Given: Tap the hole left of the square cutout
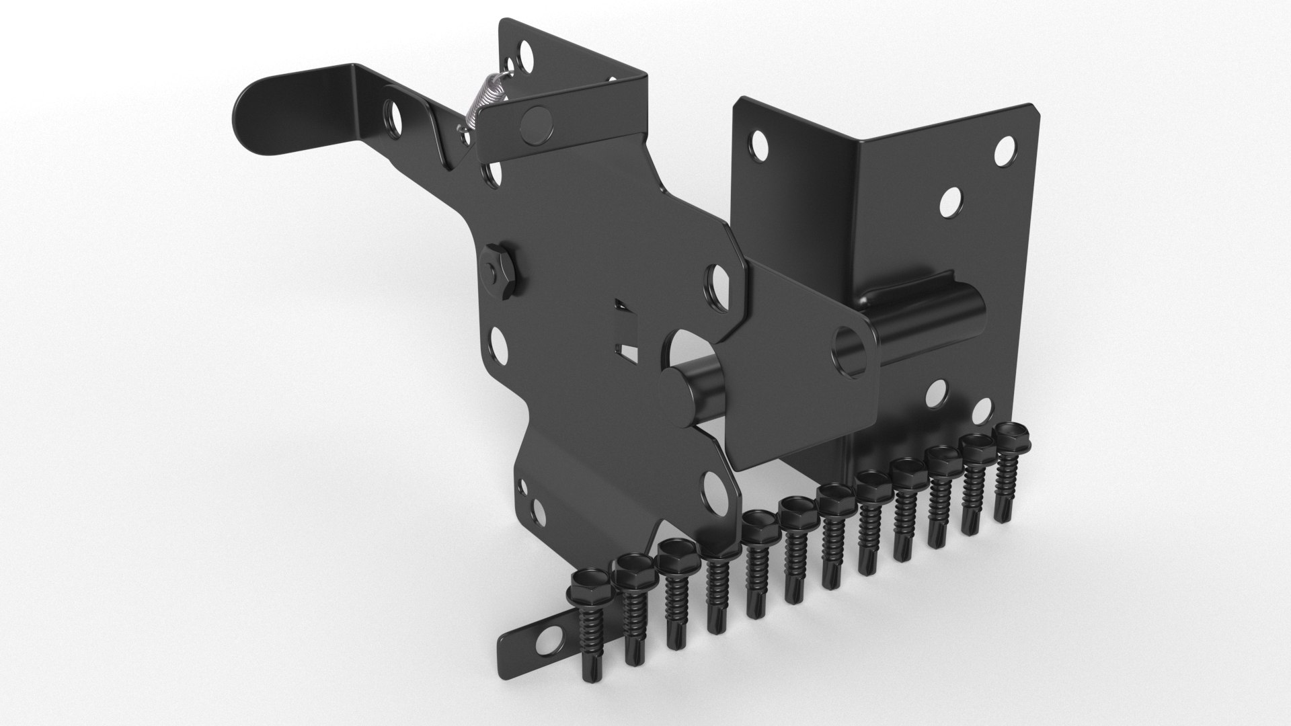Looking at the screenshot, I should pyautogui.click(x=498, y=342).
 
